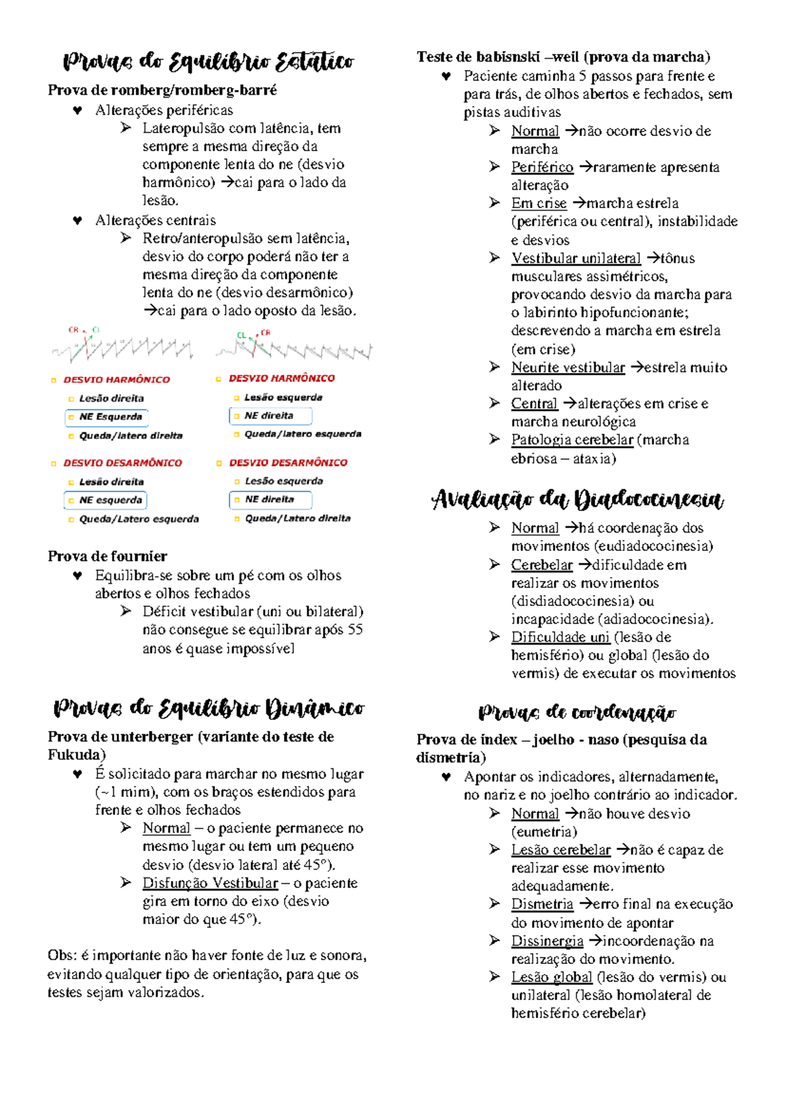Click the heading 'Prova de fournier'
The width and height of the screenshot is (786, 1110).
[x=107, y=556]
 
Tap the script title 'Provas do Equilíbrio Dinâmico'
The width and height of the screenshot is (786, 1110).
[x=209, y=709]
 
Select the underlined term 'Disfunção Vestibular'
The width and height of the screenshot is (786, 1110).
[x=210, y=883]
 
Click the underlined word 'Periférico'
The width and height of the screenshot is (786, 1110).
[x=542, y=168]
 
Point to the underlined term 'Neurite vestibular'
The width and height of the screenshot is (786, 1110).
[x=568, y=368]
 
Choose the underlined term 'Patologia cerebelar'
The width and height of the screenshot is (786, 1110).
[x=572, y=440]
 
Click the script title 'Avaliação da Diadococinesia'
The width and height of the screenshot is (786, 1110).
[x=577, y=501]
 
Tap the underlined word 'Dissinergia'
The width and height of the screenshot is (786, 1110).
[x=547, y=941]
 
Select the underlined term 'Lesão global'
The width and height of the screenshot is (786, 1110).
[x=552, y=977]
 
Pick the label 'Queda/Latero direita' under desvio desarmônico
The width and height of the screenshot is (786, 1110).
[x=297, y=518]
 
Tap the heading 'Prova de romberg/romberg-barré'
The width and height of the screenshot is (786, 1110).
[x=162, y=90]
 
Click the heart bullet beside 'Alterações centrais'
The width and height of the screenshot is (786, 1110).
[x=77, y=221]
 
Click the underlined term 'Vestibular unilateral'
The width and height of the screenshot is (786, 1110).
[x=576, y=259]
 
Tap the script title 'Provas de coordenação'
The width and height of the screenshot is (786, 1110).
[x=577, y=713]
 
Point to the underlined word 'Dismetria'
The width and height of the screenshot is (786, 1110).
[x=542, y=904]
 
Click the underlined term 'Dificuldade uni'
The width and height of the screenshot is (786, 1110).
[x=560, y=637]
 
